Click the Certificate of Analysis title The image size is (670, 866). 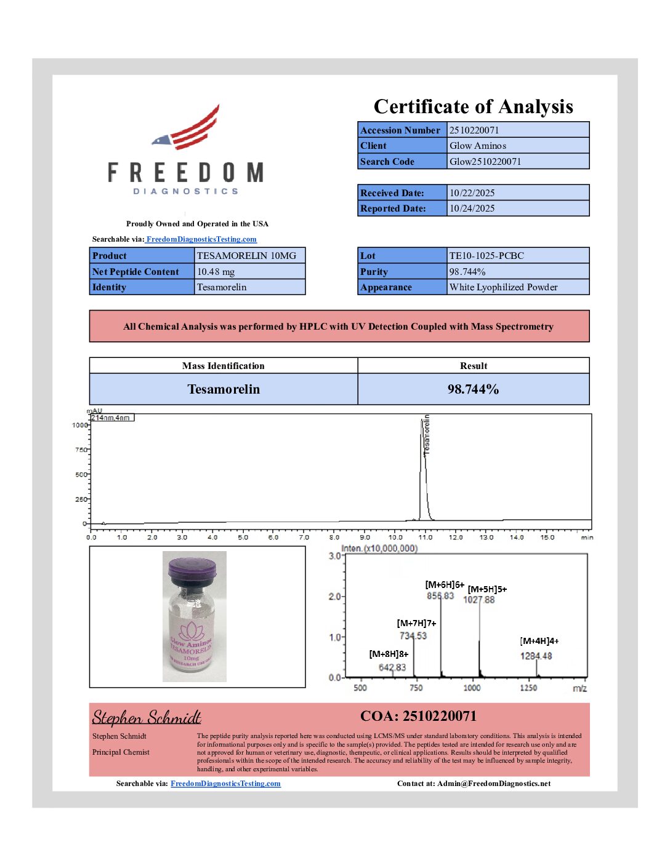click(x=473, y=107)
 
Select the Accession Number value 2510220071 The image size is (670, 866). click(x=474, y=130)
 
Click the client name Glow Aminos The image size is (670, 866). click(x=478, y=146)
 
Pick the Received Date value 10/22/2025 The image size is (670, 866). click(x=472, y=193)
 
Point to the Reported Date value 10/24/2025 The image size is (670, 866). click(x=472, y=209)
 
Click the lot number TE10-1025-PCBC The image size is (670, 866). click(x=486, y=256)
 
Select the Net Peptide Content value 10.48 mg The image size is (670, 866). click(x=216, y=272)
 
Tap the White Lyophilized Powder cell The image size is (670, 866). click(x=504, y=287)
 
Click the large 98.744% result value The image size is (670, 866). click(x=473, y=389)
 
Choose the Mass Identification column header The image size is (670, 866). click(x=223, y=366)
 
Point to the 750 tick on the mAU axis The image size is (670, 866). click(x=81, y=450)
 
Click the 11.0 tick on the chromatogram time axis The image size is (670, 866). click(x=426, y=538)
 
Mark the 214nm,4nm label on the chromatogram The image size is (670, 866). click(x=111, y=418)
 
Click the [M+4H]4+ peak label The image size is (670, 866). click(x=539, y=641)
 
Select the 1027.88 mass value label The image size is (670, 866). click(x=479, y=600)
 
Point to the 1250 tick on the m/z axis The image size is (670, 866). click(x=528, y=688)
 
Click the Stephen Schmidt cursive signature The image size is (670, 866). click(x=147, y=718)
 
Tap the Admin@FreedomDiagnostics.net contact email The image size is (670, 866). click(x=494, y=784)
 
